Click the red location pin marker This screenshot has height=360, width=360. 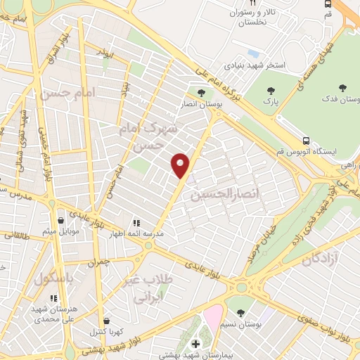click(x=181, y=165)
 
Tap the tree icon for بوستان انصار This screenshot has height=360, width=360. click(x=201, y=92)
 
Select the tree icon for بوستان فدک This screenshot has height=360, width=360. click(x=342, y=89)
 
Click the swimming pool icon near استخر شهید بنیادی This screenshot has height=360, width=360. click(x=252, y=53)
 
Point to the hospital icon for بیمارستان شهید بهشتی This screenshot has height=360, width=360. click(x=196, y=344)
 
